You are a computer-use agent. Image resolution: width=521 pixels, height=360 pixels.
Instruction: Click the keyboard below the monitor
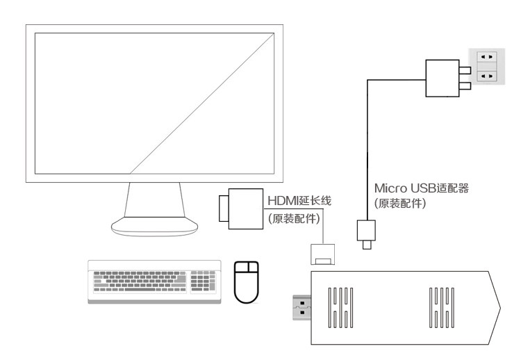pyautogui.click(x=155, y=280)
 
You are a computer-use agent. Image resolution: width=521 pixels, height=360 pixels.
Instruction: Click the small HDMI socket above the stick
pyautogui.click(x=322, y=254)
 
